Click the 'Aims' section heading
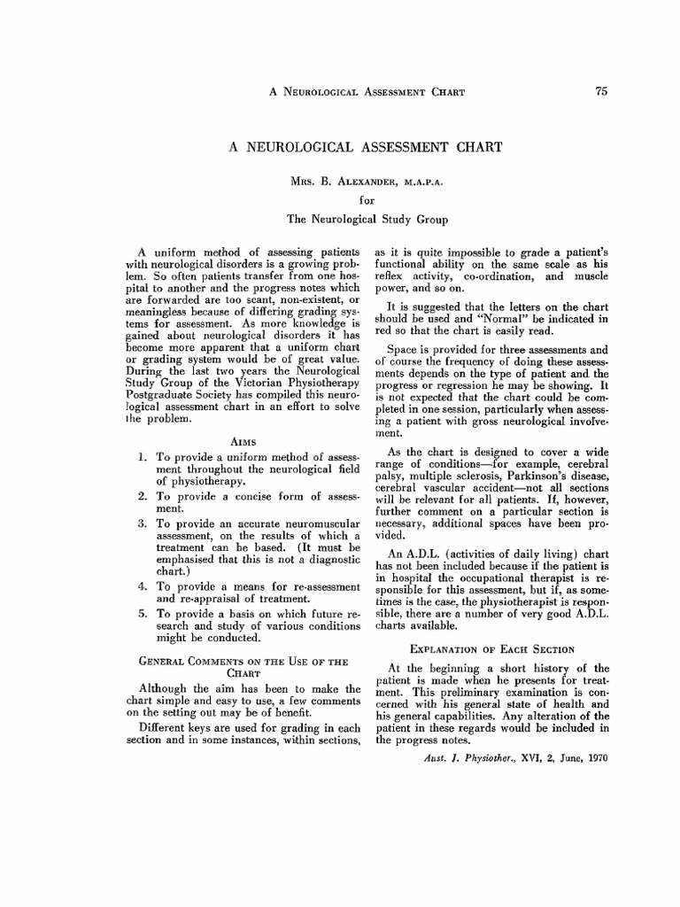(243, 439)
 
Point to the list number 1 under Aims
(143, 456)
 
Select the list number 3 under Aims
(143, 524)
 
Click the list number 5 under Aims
(143, 613)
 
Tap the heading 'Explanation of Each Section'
(487, 648)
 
